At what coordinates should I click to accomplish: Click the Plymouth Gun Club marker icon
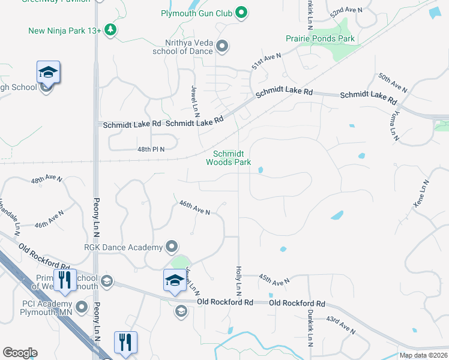[241, 13]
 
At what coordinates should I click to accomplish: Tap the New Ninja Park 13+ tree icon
[110, 29]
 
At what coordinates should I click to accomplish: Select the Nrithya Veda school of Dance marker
[221, 46]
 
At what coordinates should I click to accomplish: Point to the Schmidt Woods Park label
[228, 158]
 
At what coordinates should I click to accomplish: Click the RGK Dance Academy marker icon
[172, 247]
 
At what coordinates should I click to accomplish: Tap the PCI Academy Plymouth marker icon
[81, 307]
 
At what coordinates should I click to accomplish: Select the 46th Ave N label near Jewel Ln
[194, 208]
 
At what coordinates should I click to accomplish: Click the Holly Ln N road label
[239, 281]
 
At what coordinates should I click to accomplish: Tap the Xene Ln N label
[421, 194]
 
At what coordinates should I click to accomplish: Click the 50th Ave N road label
[393, 83]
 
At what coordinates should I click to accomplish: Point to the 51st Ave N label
[267, 61]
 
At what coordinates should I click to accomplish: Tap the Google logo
[20, 353]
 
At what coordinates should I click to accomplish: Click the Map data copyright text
[423, 355]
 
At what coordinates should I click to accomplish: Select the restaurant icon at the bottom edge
[125, 343]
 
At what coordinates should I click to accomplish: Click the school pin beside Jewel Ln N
[175, 280]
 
